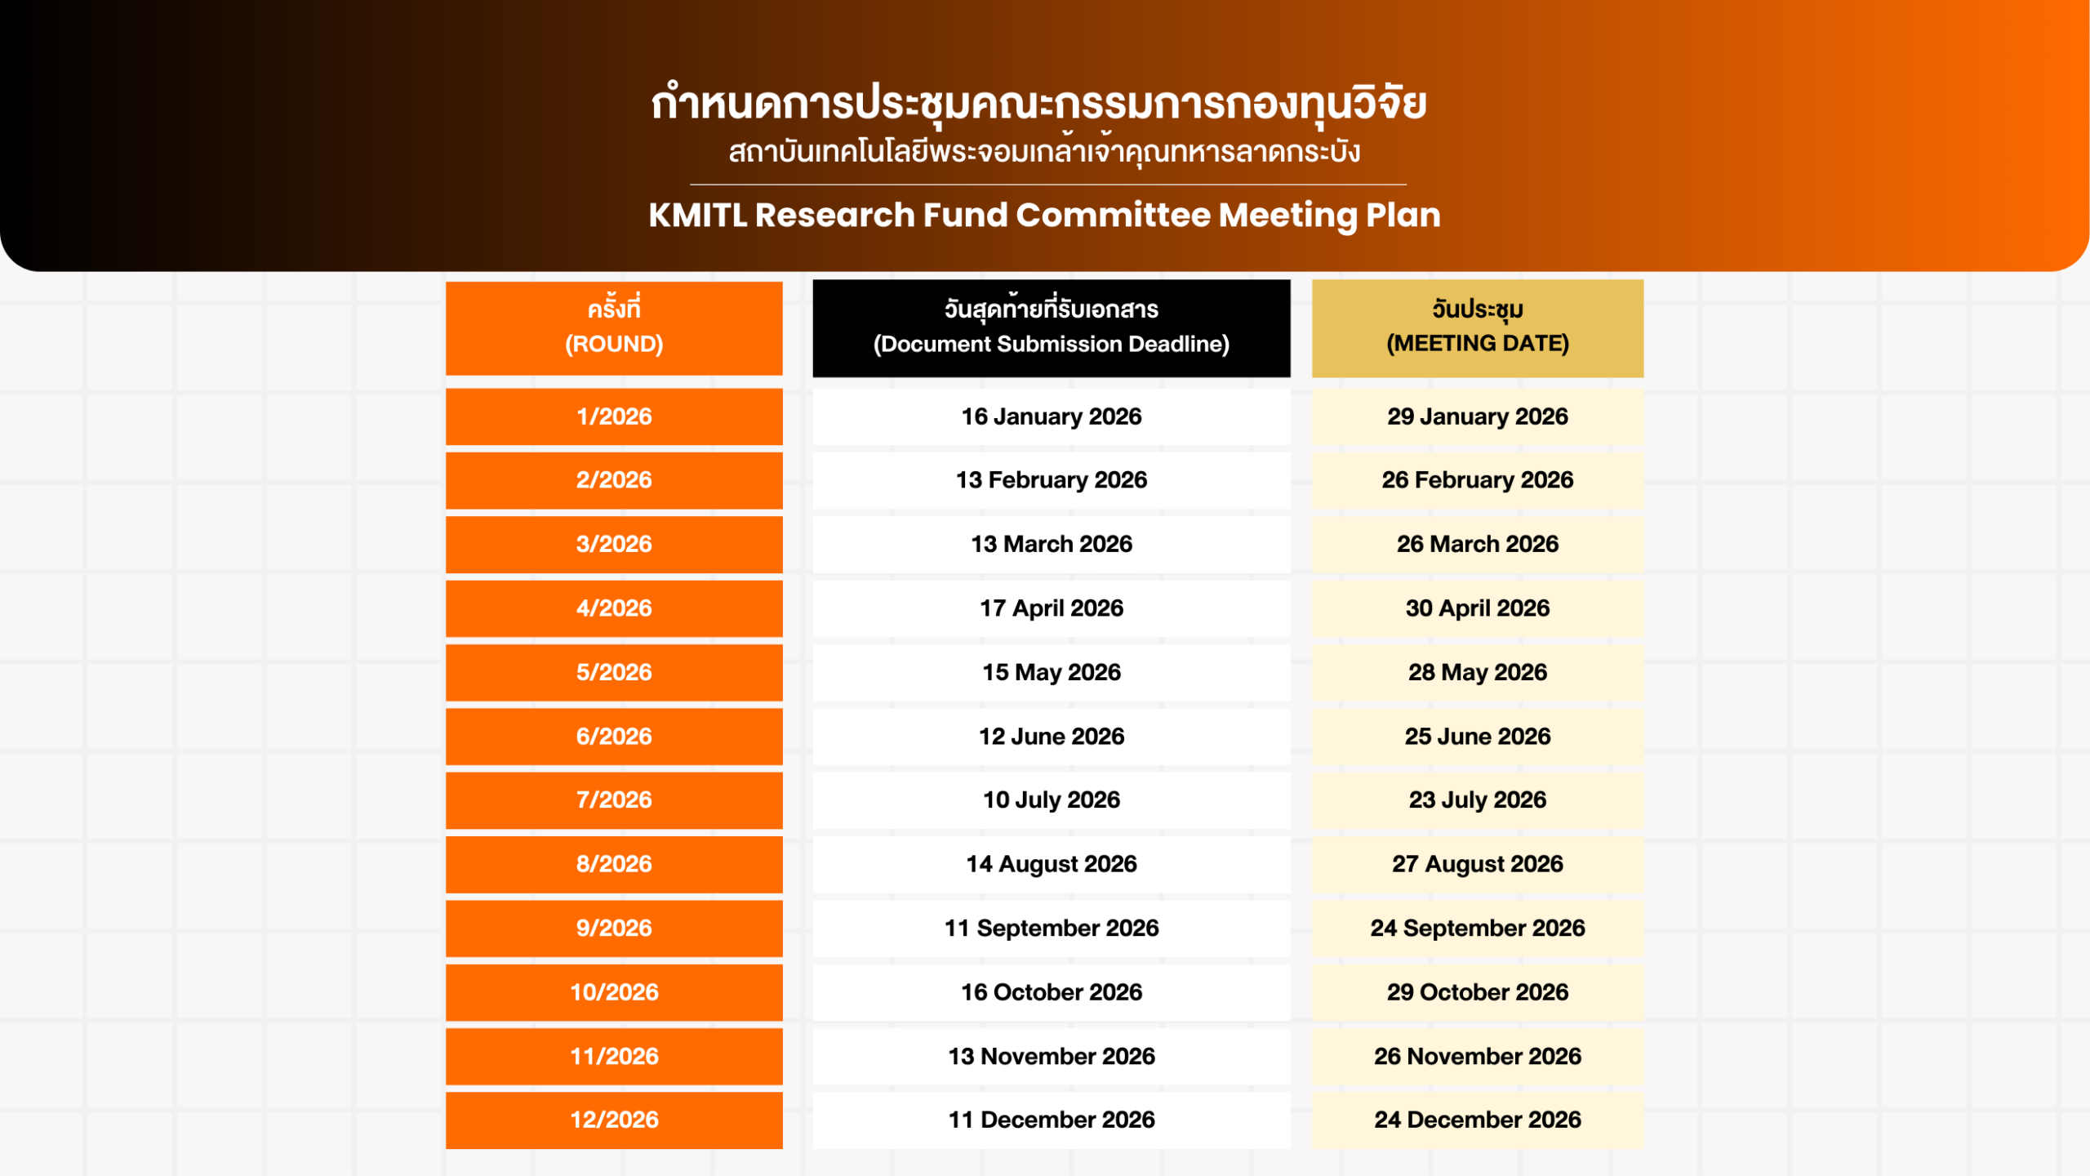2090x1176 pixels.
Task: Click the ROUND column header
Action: coord(614,328)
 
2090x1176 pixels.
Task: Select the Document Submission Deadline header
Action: coord(1052,328)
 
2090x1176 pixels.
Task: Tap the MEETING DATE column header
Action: coord(1478,328)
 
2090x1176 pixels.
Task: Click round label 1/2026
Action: coord(614,416)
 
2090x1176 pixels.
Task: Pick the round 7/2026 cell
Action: coord(614,800)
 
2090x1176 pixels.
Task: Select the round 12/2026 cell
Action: coord(614,1120)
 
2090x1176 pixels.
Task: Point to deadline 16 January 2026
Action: coord(1052,416)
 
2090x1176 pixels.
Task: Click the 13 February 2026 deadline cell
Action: coord(1052,480)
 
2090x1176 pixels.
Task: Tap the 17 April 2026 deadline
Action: coord(1052,608)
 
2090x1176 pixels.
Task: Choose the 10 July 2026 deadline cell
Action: coord(1052,800)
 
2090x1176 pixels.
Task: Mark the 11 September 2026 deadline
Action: coord(1052,929)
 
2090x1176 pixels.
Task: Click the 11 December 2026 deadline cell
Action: coord(1052,1120)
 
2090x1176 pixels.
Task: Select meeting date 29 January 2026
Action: coord(1478,416)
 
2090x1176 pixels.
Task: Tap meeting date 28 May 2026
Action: coord(1478,672)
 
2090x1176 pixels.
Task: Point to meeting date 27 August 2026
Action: coord(1478,864)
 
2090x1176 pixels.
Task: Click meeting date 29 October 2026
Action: coord(1478,992)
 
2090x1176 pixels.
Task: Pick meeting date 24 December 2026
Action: coord(1478,1120)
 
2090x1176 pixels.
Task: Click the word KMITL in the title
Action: coord(698,216)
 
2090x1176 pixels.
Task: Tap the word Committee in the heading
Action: coord(1114,216)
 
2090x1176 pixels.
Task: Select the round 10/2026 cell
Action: coord(614,992)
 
